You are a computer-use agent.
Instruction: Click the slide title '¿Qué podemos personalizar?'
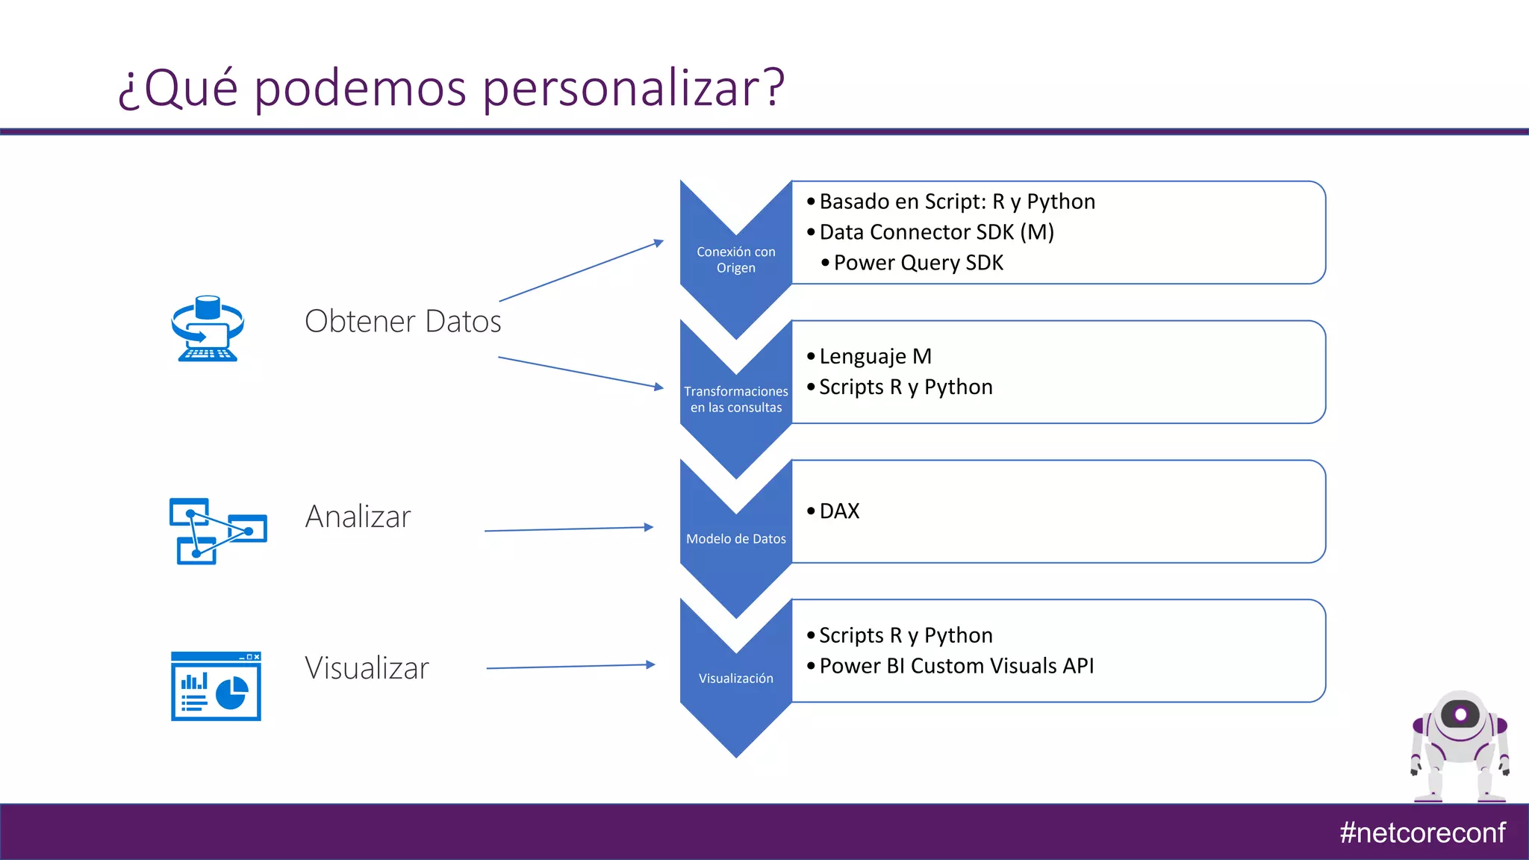click(451, 88)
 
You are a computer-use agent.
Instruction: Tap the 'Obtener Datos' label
click(402, 321)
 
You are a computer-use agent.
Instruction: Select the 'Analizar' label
click(358, 517)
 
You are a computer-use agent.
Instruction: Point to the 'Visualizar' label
click(367, 668)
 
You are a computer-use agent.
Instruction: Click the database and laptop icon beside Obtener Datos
click(208, 328)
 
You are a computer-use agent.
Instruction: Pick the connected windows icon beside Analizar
click(217, 531)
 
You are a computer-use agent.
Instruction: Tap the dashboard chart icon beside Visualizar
click(216, 686)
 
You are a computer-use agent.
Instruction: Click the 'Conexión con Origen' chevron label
click(735, 260)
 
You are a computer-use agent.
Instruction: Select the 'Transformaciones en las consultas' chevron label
click(735, 399)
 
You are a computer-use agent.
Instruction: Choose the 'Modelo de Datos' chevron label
click(735, 539)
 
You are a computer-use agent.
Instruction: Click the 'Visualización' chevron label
click(735, 679)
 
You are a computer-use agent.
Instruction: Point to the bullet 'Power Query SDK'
click(918, 263)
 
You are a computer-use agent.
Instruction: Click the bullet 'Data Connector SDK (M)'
click(936, 232)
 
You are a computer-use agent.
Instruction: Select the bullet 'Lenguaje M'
click(875, 356)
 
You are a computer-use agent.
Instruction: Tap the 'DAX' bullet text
click(839, 511)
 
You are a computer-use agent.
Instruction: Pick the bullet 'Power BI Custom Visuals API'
click(956, 666)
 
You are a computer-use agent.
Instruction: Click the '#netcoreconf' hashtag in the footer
click(1422, 832)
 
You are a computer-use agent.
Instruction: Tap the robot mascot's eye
click(1460, 714)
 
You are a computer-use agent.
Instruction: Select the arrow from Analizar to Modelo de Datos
click(569, 529)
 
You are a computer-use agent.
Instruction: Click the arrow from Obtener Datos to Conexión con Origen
click(581, 270)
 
